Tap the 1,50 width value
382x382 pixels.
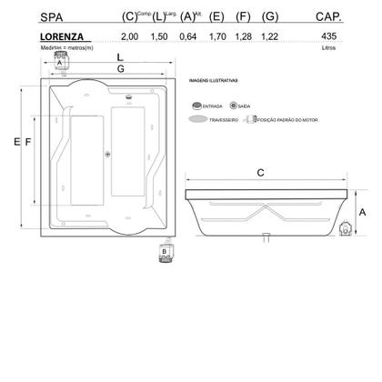[x=160, y=37]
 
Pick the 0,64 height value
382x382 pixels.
[x=188, y=37]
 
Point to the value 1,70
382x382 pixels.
[x=216, y=37]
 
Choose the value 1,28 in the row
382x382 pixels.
[x=243, y=37]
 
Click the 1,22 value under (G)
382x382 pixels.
[x=271, y=37]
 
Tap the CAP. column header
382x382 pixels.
[x=327, y=16]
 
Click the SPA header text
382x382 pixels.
[x=54, y=16]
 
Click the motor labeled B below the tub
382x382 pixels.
[x=165, y=248]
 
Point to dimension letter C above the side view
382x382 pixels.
[x=261, y=172]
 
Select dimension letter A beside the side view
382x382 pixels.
[x=362, y=210]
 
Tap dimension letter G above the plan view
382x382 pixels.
[x=119, y=69]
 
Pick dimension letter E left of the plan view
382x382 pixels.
[x=18, y=143]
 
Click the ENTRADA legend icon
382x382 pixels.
[x=196, y=106]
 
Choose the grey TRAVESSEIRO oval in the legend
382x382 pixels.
[x=196, y=118]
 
